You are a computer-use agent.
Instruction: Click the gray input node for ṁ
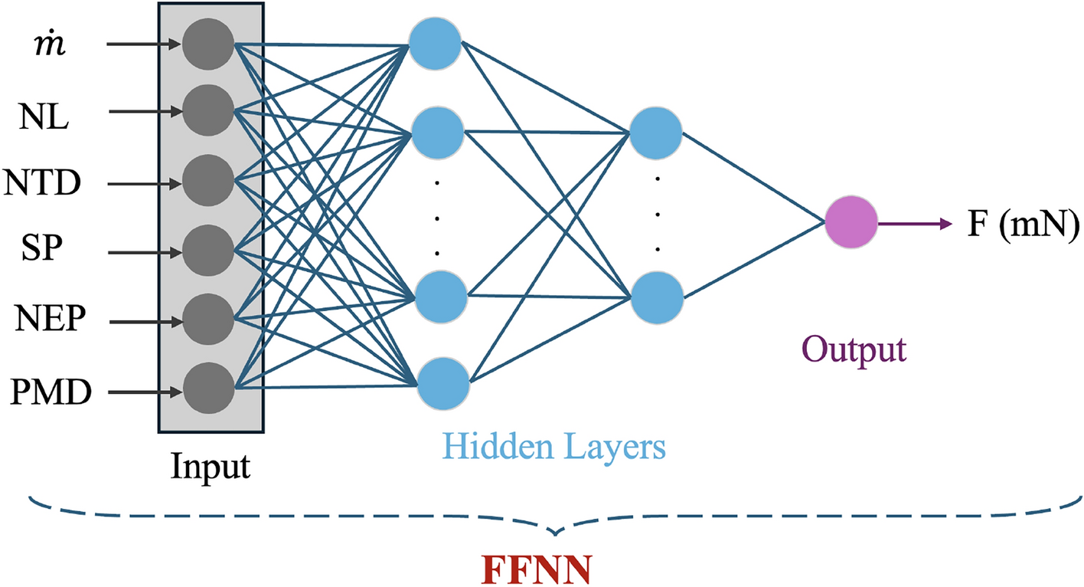click(207, 44)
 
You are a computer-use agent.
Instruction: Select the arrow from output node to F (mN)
click(914, 225)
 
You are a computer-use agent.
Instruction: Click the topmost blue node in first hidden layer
click(435, 43)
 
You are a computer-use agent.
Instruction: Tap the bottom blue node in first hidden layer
click(442, 383)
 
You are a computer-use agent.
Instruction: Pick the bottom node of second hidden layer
click(657, 298)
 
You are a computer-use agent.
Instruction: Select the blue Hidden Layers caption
click(555, 447)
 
